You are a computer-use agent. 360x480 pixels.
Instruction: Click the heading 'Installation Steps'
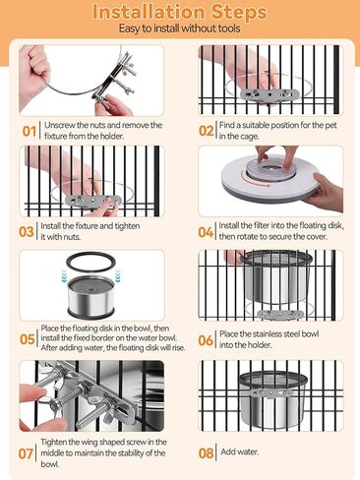tap(180, 12)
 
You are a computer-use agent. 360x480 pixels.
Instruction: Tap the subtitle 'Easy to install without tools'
tap(179, 29)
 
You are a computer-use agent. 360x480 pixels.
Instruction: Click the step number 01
tap(30, 132)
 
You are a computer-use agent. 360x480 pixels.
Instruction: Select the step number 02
tap(207, 131)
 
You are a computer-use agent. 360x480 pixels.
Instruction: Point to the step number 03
tap(27, 232)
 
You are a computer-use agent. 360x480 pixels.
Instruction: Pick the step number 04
tap(206, 232)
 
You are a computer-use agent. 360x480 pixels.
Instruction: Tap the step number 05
tap(28, 339)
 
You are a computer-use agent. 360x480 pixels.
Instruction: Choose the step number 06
tap(206, 340)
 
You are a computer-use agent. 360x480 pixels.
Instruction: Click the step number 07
tap(26, 453)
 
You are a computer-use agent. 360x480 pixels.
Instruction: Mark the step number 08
tap(206, 453)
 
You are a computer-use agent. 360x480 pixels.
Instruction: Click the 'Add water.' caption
tap(240, 451)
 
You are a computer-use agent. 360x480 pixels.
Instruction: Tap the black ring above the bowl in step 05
tap(91, 263)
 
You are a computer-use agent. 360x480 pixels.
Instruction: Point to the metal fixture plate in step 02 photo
tap(270, 94)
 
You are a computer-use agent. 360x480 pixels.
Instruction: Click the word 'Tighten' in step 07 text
tap(55, 443)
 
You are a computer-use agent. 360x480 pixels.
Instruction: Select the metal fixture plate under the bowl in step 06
tap(280, 314)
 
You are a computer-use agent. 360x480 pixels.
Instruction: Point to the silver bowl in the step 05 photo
tap(90, 297)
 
